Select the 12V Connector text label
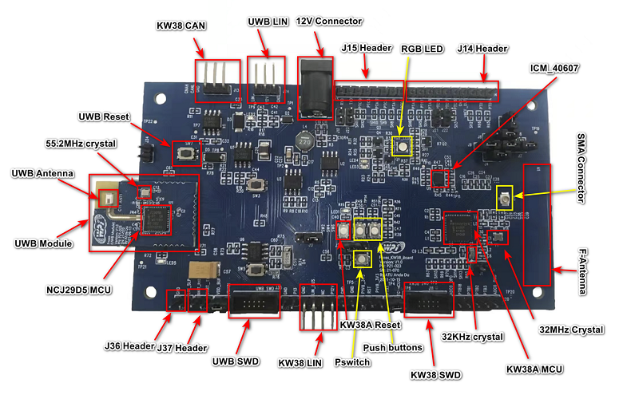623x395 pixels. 328,21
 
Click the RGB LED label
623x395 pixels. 422,49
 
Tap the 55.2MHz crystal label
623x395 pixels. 81,144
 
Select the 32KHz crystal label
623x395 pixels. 472,337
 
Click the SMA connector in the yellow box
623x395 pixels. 505,199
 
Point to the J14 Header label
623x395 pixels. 482,49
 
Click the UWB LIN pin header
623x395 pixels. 265,77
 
